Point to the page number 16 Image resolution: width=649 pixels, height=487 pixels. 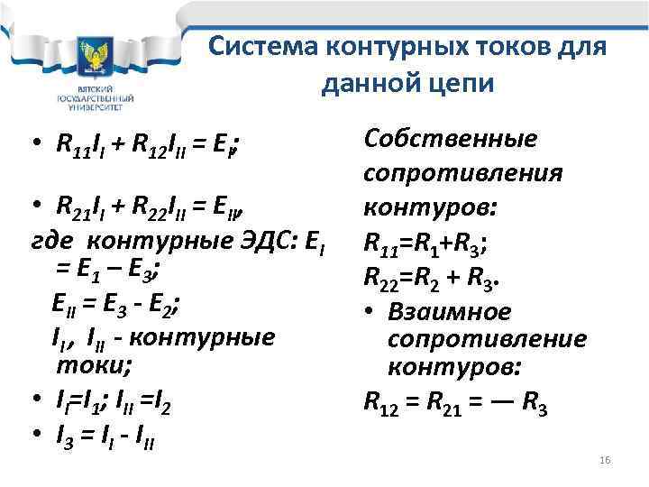click(605, 461)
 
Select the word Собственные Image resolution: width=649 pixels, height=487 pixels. click(449, 140)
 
